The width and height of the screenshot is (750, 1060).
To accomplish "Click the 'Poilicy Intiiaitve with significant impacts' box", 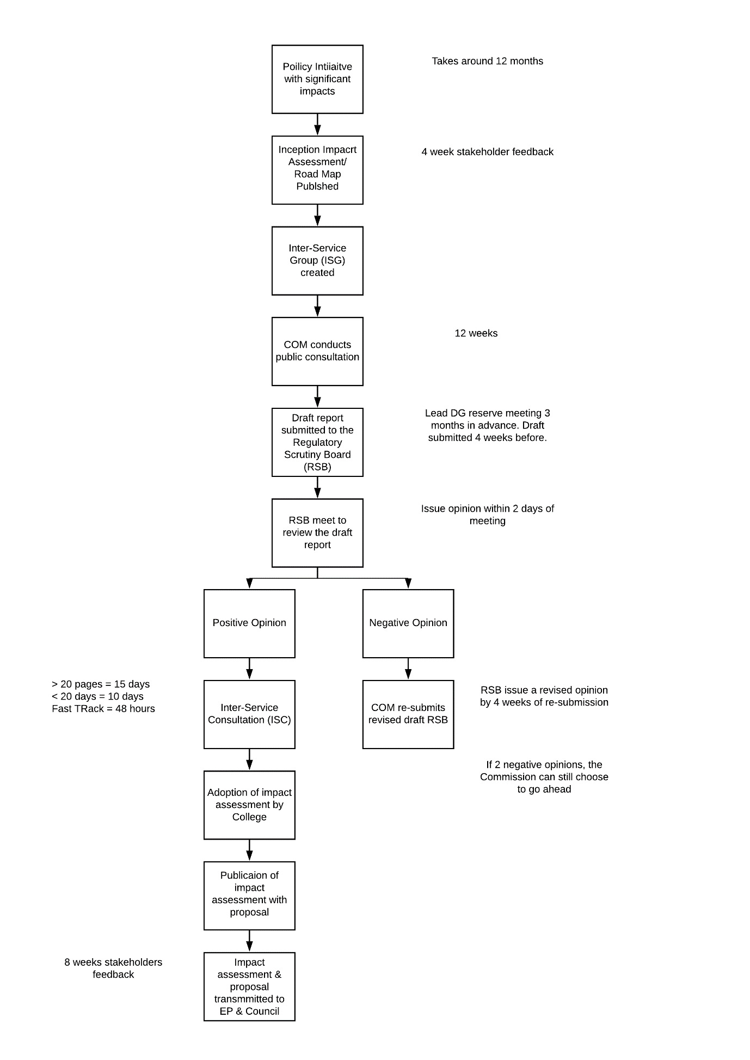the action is pyautogui.click(x=317, y=79).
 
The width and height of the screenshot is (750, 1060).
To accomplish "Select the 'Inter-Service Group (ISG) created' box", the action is pyautogui.click(x=317, y=261).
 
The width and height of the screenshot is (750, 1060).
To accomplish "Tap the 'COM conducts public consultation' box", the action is pyautogui.click(x=317, y=352).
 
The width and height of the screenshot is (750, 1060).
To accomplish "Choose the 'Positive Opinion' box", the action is pyautogui.click(x=249, y=624).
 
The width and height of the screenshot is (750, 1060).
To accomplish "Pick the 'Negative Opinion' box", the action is pyautogui.click(x=408, y=624).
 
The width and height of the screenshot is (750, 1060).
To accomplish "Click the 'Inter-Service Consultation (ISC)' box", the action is pyautogui.click(x=249, y=714).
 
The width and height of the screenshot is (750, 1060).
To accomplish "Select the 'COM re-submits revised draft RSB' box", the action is pyautogui.click(x=408, y=714).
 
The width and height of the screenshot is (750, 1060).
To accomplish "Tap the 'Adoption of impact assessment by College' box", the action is pyautogui.click(x=249, y=805).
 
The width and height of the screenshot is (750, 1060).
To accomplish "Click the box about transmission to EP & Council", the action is pyautogui.click(x=249, y=987).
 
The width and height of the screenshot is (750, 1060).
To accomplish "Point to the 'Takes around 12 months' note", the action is pyautogui.click(x=488, y=61).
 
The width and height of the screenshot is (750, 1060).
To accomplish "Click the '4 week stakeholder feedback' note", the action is pyautogui.click(x=488, y=152).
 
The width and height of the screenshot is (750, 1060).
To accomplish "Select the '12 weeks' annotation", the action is pyautogui.click(x=476, y=333).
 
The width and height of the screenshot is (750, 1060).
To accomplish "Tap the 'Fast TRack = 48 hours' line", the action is pyautogui.click(x=103, y=709).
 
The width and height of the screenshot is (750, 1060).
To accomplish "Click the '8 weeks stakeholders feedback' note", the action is pyautogui.click(x=113, y=969).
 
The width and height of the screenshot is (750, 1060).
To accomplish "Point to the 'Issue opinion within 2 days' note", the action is pyautogui.click(x=488, y=514).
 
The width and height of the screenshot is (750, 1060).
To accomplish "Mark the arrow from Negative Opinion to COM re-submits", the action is pyautogui.click(x=408, y=669).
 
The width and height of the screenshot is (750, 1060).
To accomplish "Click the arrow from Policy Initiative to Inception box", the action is pyautogui.click(x=317, y=125).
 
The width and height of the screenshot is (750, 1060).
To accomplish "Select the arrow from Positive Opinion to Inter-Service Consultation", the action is pyautogui.click(x=249, y=669).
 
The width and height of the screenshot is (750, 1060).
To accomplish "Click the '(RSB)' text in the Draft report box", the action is pyautogui.click(x=317, y=467).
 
